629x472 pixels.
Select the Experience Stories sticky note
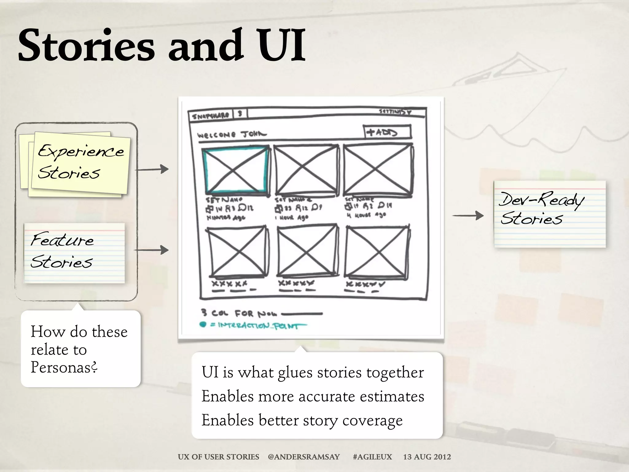coord(80,163)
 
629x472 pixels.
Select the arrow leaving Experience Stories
coord(152,169)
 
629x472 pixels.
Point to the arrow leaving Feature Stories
coord(151,250)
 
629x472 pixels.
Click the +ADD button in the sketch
coord(387,132)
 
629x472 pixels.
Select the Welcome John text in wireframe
coord(232,135)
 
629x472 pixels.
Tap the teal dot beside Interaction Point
coord(203,324)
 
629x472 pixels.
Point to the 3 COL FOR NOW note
coord(240,313)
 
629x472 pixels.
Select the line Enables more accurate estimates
coord(313,396)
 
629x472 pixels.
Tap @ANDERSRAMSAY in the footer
coord(304,457)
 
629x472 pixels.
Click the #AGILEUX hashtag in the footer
coord(372,457)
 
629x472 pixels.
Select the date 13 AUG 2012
coord(427,457)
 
